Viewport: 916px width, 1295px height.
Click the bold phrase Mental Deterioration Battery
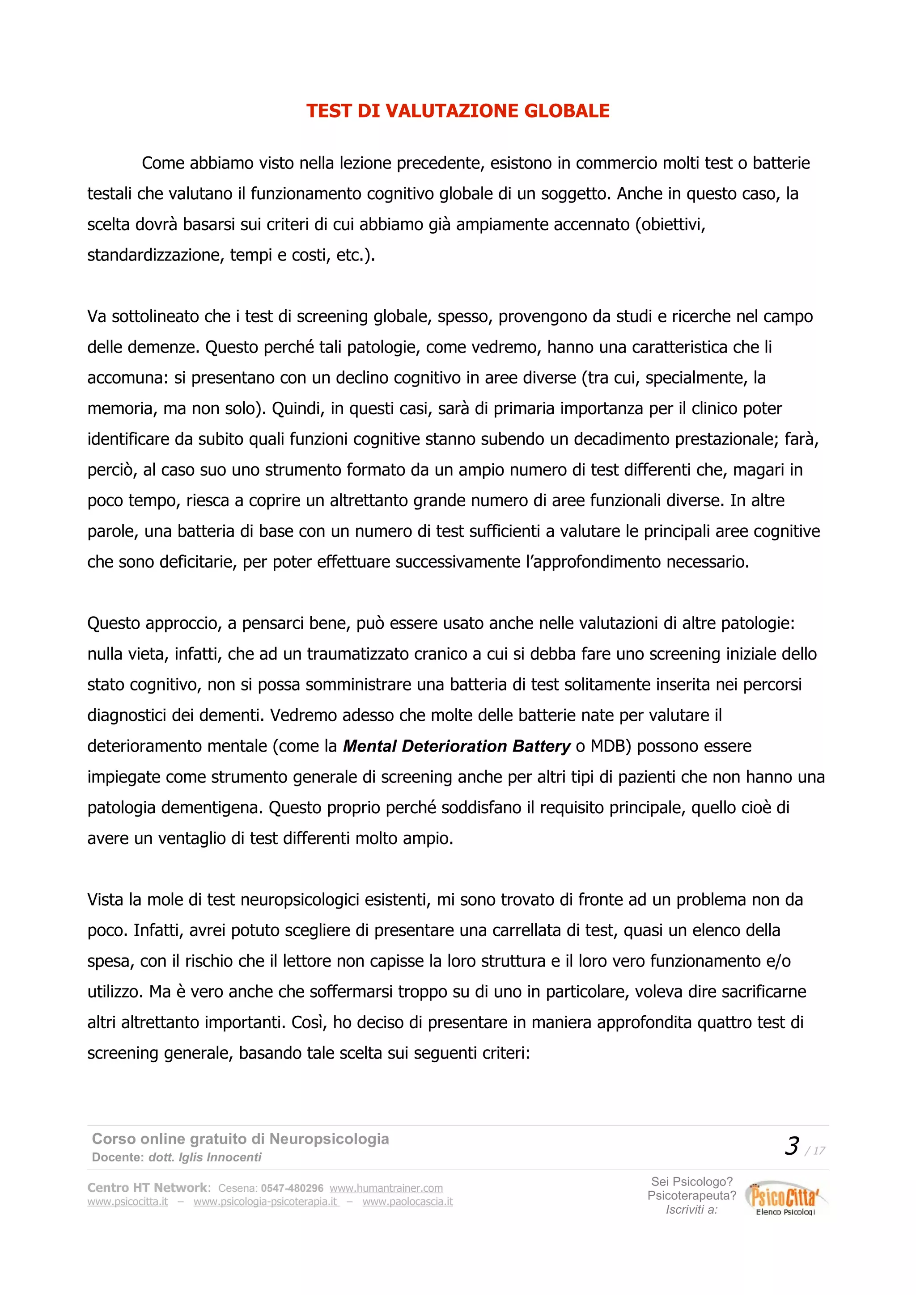click(x=457, y=746)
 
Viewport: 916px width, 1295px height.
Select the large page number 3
click(x=792, y=1147)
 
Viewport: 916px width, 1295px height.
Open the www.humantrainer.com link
click(x=386, y=1188)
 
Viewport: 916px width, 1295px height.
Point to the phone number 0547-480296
click(x=292, y=1188)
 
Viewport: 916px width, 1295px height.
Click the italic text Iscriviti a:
click(x=692, y=1209)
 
